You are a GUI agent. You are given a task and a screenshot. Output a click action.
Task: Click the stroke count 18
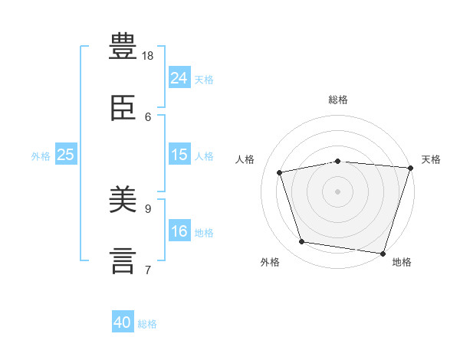(x=148, y=56)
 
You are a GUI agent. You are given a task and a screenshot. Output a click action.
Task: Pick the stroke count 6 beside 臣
(x=148, y=116)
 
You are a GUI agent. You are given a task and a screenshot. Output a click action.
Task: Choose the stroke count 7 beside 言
(x=148, y=270)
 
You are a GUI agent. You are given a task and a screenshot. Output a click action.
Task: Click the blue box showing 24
(x=179, y=78)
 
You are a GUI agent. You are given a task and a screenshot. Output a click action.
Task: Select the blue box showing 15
(x=179, y=155)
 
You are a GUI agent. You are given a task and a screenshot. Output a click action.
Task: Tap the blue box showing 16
(x=179, y=231)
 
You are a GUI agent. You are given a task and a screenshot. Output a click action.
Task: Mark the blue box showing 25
(x=66, y=155)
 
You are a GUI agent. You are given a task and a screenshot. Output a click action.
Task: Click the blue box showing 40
(x=123, y=323)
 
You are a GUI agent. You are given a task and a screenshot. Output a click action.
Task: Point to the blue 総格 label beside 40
(x=147, y=324)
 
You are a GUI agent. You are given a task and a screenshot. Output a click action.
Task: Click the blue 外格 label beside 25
(x=41, y=155)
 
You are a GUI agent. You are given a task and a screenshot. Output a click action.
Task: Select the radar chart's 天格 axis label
(x=431, y=159)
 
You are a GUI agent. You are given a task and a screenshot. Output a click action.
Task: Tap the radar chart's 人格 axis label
(x=245, y=159)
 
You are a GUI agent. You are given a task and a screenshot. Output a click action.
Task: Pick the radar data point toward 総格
(x=337, y=161)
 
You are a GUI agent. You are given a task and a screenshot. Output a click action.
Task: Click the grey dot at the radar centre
(x=337, y=191)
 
